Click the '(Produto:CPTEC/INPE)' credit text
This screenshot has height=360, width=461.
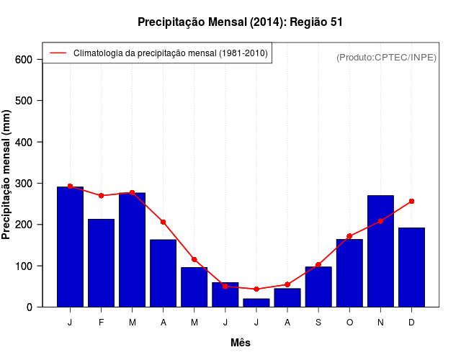386,57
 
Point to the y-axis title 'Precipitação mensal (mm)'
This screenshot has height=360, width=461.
7,174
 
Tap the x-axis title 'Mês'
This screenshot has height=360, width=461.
241,343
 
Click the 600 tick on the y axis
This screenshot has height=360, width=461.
24,59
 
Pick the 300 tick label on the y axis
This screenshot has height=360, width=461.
24,184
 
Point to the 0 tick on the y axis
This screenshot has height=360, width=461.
30,307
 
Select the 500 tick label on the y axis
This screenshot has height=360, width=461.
24,101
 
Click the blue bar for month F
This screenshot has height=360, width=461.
102,263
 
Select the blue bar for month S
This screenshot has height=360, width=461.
318,287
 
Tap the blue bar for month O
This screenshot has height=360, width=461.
349,273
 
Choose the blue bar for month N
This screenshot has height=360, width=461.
380,251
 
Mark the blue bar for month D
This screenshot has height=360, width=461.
411,267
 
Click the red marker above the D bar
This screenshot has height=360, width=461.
411,201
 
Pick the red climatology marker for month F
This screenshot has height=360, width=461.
102,196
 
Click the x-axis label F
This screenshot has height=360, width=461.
102,323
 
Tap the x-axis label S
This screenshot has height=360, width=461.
318,323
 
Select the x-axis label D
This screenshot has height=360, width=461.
411,323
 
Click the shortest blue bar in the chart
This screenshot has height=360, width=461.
256,302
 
